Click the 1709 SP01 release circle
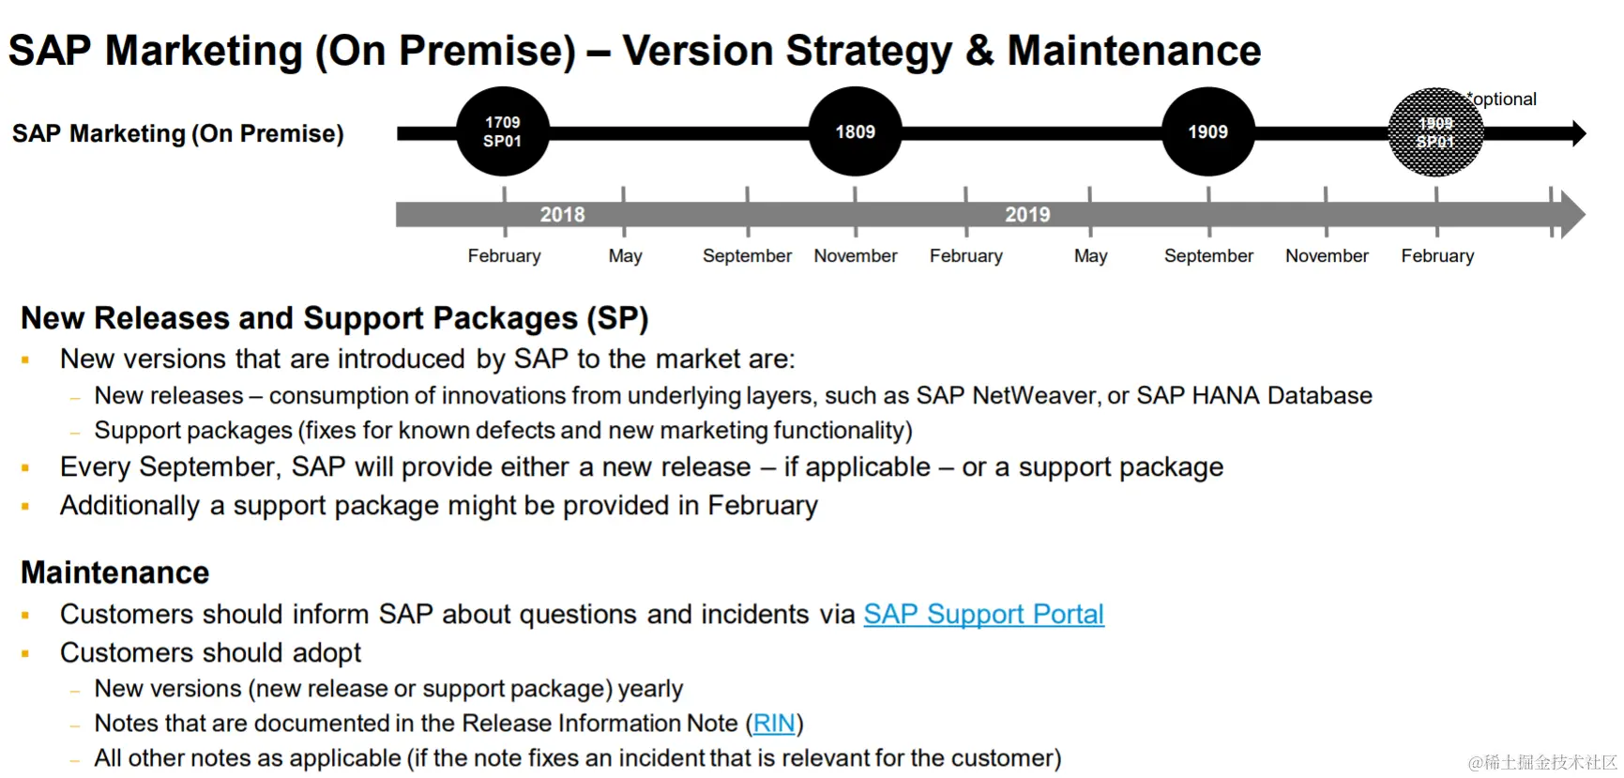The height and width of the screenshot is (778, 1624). coord(503,131)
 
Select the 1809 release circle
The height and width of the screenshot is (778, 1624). coord(856,131)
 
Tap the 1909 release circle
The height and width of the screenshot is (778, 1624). coord(1208,131)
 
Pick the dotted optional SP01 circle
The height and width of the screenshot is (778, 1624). coord(1435,132)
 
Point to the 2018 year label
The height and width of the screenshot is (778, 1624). coord(562,215)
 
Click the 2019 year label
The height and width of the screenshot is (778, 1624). coord(1027,215)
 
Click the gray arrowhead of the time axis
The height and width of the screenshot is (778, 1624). coord(1572,215)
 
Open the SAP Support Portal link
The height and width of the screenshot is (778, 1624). coord(983,614)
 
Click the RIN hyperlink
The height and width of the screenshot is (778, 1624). coord(774,724)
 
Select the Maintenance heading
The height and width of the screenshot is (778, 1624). coord(115,572)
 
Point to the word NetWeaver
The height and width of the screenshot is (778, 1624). coord(1034,395)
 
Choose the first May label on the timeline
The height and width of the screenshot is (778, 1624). coord(625,256)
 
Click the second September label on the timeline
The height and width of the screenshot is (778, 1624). coord(1208,256)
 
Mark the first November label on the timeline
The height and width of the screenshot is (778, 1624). coord(856,256)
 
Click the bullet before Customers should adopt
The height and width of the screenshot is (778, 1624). coord(25,653)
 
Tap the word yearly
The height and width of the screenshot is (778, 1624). coord(650,690)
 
